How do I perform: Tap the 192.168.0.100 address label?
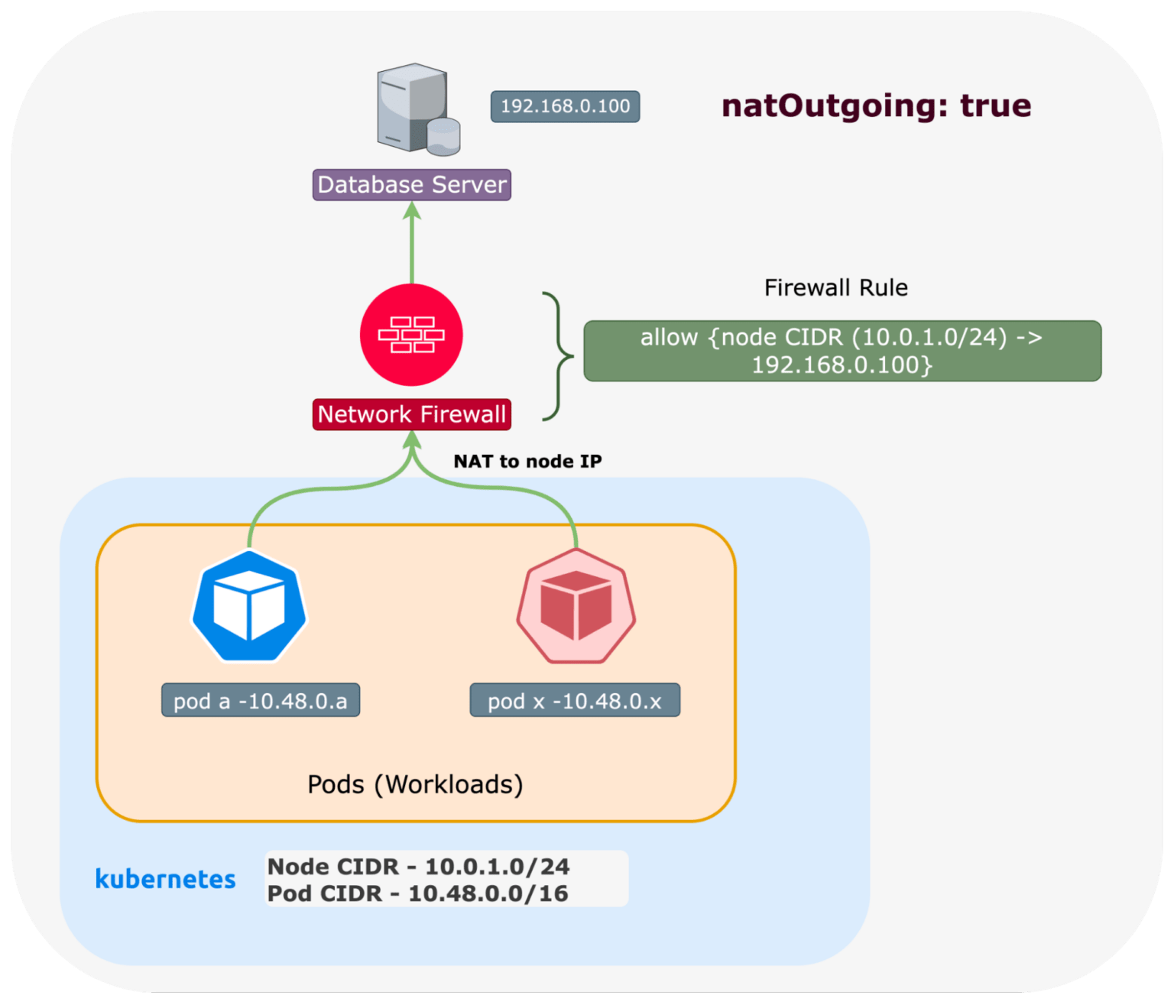click(x=565, y=106)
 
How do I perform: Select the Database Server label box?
click(x=412, y=185)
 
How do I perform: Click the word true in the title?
click(x=995, y=105)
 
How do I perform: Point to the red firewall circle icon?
click(x=412, y=335)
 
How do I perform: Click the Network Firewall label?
click(x=412, y=414)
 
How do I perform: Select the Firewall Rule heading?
click(x=836, y=288)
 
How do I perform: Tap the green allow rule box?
click(x=842, y=351)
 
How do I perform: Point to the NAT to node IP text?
click(x=527, y=462)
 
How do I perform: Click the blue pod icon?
click(x=249, y=606)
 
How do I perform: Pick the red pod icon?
click(x=576, y=606)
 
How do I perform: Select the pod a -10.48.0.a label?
click(x=261, y=701)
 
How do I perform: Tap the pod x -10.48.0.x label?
click(x=575, y=701)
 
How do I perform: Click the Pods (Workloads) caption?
click(x=415, y=785)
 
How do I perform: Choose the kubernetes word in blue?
click(x=165, y=879)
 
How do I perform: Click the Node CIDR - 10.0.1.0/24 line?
click(x=418, y=867)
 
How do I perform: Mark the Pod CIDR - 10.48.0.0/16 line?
click(x=417, y=893)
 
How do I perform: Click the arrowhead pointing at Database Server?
click(x=412, y=211)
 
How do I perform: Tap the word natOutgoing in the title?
click(x=829, y=105)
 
